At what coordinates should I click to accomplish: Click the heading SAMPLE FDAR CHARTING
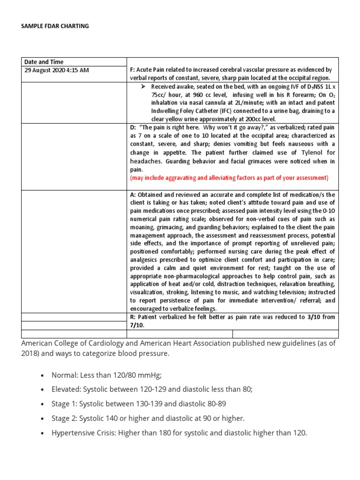tap(55, 26)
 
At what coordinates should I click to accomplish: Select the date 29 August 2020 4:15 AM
tap(56, 70)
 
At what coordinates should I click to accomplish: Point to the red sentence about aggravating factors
tap(229, 178)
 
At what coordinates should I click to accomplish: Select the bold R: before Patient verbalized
tap(133, 317)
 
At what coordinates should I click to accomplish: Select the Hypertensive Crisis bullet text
tap(179, 433)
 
